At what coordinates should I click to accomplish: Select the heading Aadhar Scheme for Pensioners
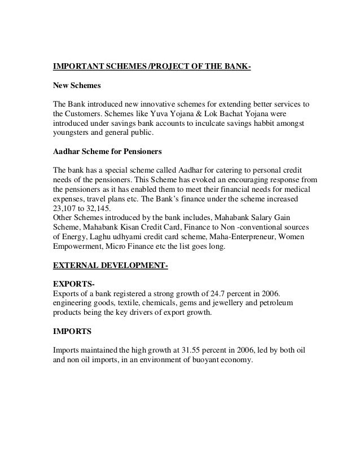click(x=107, y=152)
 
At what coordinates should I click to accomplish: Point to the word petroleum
click(x=291, y=304)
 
